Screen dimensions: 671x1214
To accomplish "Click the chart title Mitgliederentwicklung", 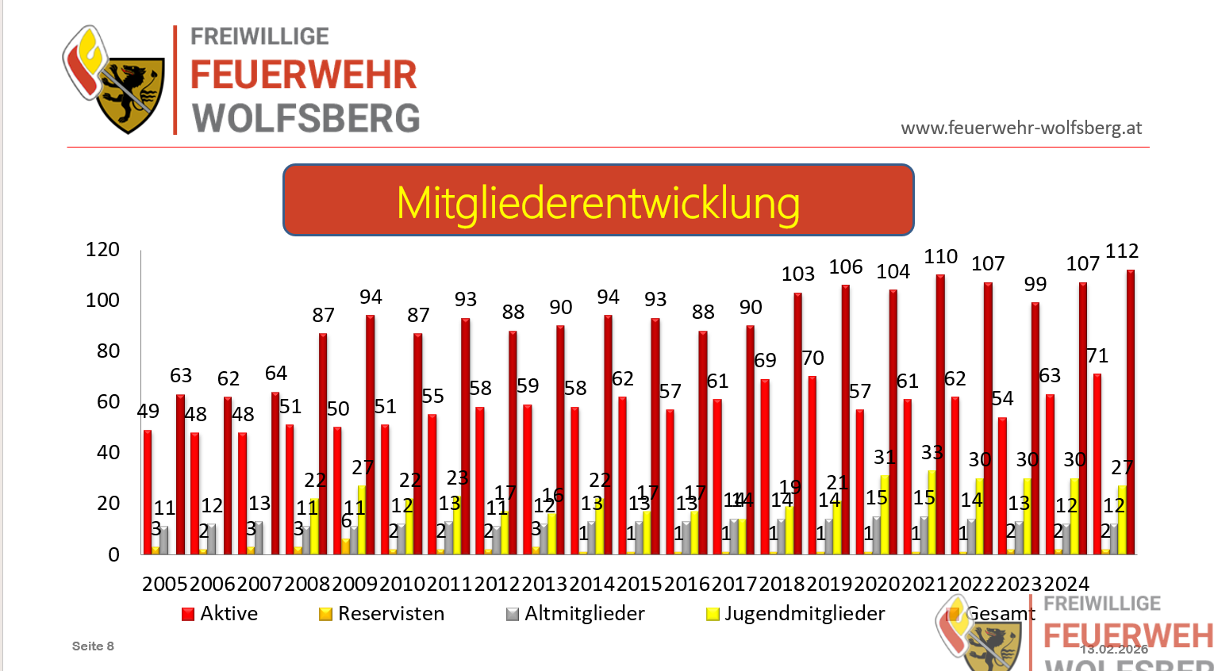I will click(598, 201).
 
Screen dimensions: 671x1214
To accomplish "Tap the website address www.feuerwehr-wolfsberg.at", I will click(1021, 128).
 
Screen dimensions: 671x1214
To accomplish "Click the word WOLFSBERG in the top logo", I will click(306, 118).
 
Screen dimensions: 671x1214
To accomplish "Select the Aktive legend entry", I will click(221, 614).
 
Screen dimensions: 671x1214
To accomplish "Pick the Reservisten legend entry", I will click(382, 614).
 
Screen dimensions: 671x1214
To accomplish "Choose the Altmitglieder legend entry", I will click(576, 614).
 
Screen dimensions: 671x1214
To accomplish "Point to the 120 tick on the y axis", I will click(102, 250).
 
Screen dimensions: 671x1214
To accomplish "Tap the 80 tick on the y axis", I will click(108, 351).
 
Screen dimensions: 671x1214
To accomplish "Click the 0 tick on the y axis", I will click(114, 554).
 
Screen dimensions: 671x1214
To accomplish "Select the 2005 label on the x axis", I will click(165, 585).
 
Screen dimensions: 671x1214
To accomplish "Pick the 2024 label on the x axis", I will click(1066, 585).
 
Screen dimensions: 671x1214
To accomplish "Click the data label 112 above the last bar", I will click(1121, 251).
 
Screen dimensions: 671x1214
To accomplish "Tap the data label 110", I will click(940, 257).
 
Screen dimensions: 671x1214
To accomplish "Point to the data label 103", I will click(797, 274).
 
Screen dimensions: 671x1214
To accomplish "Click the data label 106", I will click(845, 267).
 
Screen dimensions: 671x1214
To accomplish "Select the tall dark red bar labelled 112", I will click(1130, 412).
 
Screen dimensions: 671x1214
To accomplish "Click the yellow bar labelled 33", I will click(932, 512).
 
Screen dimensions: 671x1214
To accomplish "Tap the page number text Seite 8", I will click(93, 646).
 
